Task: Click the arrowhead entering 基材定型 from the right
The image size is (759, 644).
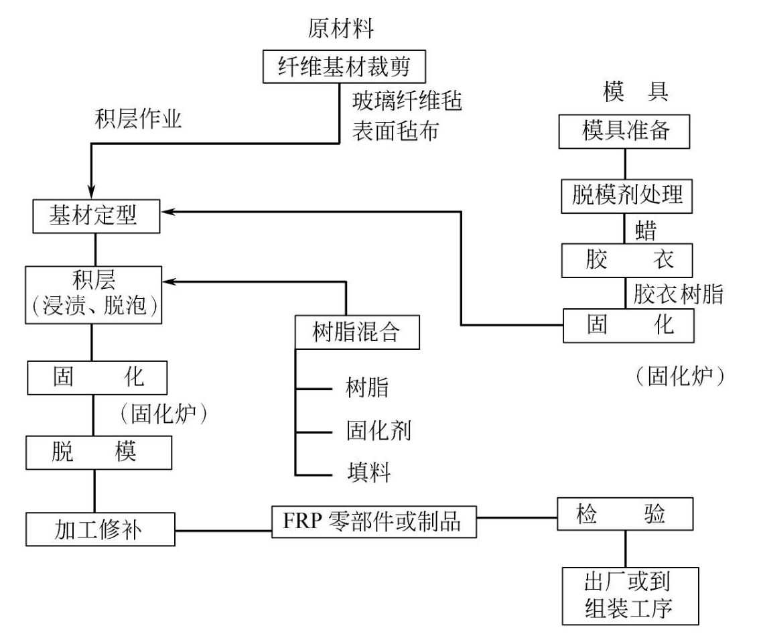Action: (171, 211)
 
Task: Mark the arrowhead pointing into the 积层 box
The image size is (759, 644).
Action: (171, 281)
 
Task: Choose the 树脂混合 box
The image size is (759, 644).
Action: (357, 333)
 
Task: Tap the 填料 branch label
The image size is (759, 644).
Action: (368, 471)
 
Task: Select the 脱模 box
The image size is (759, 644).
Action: (98, 454)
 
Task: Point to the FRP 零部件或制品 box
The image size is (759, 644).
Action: (374, 521)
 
